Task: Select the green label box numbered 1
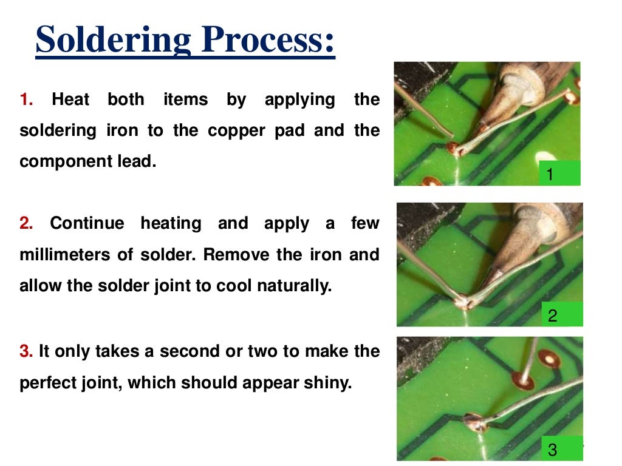(559, 174)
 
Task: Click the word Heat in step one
(70, 100)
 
